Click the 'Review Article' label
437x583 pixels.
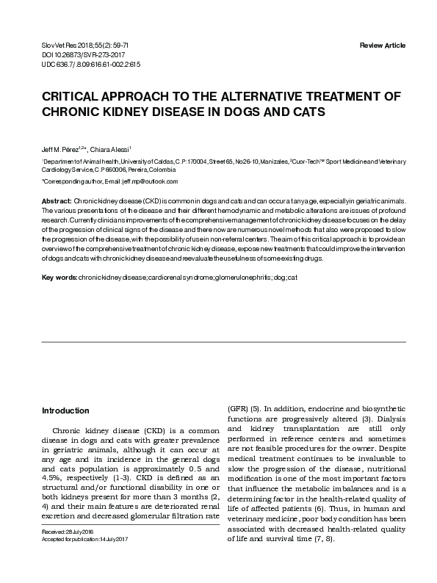[x=382, y=46]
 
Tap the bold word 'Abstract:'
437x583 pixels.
[x=57, y=200]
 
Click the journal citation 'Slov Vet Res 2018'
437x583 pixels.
[x=66, y=46]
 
